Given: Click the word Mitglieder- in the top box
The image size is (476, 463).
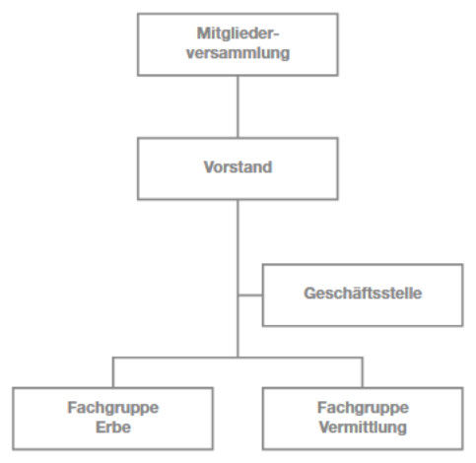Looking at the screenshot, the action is [238, 33].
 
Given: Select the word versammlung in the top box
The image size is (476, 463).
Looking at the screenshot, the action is [238, 53].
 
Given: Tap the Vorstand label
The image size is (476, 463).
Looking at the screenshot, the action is [238, 166].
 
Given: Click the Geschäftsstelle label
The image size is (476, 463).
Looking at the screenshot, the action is [363, 294].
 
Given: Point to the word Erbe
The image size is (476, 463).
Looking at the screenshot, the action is [113, 428].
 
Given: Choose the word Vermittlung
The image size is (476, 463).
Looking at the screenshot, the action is [363, 428].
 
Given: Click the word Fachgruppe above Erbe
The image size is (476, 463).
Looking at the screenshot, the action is [113, 408].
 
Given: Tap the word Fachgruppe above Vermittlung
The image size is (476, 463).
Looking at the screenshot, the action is [363, 408].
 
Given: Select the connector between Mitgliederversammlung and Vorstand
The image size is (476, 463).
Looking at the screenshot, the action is [238, 106].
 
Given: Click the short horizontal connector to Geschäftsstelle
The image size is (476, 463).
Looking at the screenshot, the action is [250, 296].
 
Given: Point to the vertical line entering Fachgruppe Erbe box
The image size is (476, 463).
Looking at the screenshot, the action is [113, 372].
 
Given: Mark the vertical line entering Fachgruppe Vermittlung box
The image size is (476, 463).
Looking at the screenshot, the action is [363, 372].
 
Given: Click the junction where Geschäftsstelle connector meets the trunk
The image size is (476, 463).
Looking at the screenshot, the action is [238, 296].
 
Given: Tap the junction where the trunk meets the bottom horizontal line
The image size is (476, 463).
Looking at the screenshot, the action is [238, 358].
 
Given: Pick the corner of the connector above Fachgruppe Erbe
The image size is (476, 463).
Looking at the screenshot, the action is [113, 358].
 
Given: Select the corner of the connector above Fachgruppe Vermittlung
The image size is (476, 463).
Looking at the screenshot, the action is [363, 358].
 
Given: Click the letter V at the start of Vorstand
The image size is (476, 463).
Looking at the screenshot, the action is [210, 166].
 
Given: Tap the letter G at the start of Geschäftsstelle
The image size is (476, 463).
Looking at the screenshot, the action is [310, 294].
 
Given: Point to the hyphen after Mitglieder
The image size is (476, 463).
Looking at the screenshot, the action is [275, 34].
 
